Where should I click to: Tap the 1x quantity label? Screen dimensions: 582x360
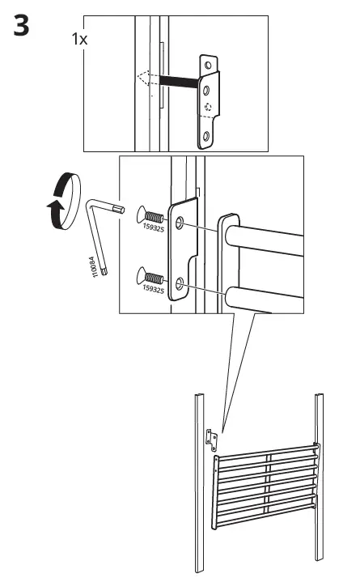tap(79, 39)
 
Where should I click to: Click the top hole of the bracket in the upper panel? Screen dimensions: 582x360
tap(209, 63)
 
